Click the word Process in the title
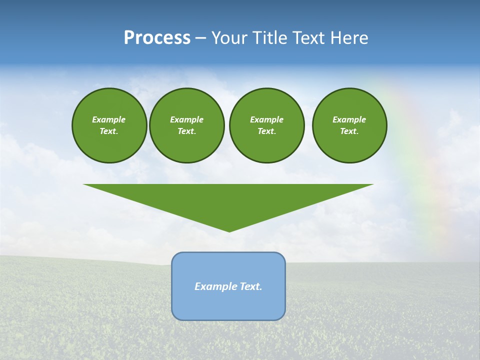coord(157,38)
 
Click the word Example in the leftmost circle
coord(109,119)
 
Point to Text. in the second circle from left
coord(187,131)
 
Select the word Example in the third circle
coord(266,119)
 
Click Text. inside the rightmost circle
coord(349,131)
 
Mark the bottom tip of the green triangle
coord(229,230)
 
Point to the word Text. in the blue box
coord(251,286)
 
